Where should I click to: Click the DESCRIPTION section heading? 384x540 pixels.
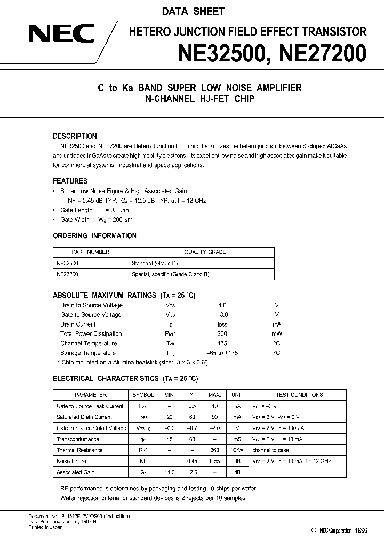pos(75,136)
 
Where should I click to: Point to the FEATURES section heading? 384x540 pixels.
pos(70,181)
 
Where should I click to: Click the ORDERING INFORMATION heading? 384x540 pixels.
pos(94,236)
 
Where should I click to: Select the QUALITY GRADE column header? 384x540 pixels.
pos(205,252)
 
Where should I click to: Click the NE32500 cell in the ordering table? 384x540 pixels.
pos(68,263)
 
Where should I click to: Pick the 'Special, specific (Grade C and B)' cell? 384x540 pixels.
pos(170,274)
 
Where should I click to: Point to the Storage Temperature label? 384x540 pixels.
pos(88,353)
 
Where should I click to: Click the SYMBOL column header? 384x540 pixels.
pos(143,395)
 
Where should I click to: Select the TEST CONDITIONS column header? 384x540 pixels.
pos(299,395)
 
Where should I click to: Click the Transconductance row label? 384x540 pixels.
pos(78,439)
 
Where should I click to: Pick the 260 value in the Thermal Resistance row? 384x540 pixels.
pos(215,450)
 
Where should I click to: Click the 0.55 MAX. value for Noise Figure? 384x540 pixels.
pos(215,461)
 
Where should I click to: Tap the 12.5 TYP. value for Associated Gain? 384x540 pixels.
pos(192,472)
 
